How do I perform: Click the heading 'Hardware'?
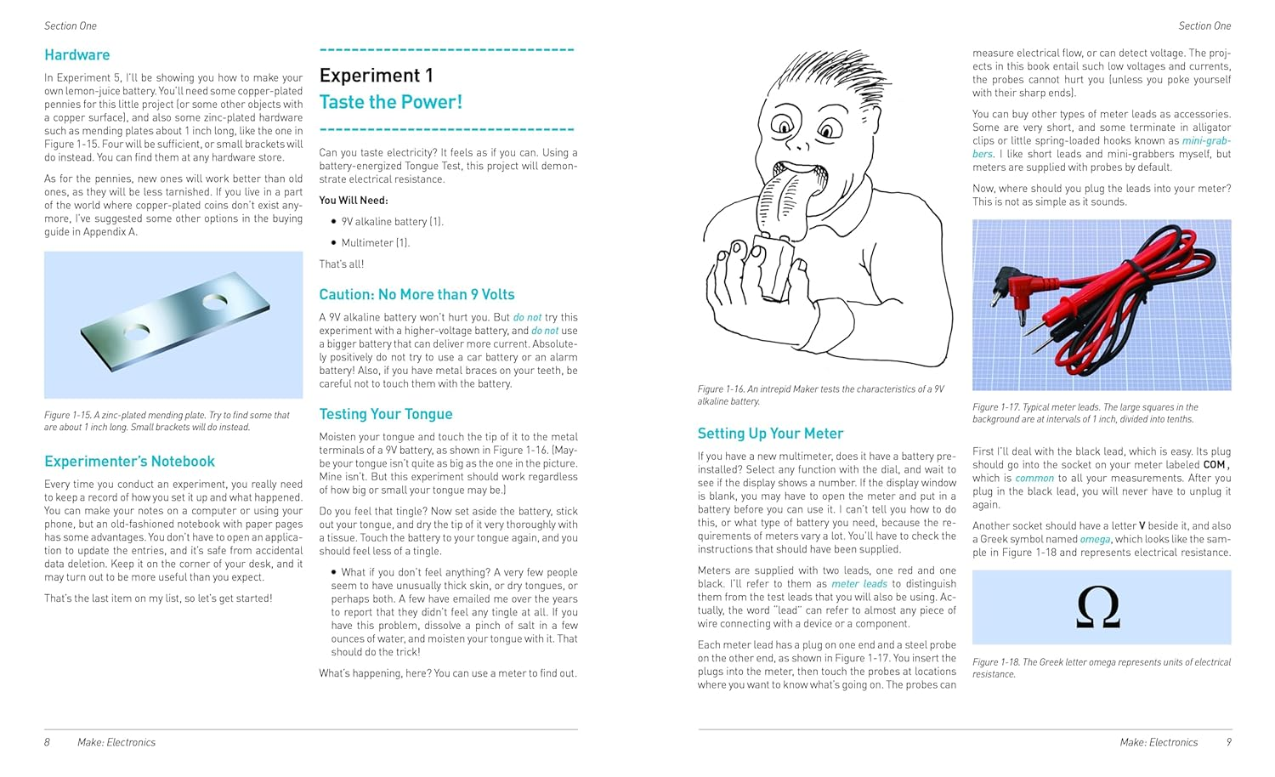tap(76, 55)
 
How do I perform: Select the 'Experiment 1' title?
tap(376, 76)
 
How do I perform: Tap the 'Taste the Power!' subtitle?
tap(390, 103)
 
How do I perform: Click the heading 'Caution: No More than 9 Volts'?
tap(416, 295)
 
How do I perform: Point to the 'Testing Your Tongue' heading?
tap(385, 414)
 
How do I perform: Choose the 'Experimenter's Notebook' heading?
tap(129, 462)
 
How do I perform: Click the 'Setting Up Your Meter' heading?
tap(770, 434)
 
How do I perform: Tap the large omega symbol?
tap(1097, 608)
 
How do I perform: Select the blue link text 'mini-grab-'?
tap(1205, 141)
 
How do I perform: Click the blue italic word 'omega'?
tap(1095, 540)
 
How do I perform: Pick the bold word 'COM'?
tap(1214, 465)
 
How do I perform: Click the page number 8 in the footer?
tap(48, 742)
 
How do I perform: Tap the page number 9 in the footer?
tap(1228, 742)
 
